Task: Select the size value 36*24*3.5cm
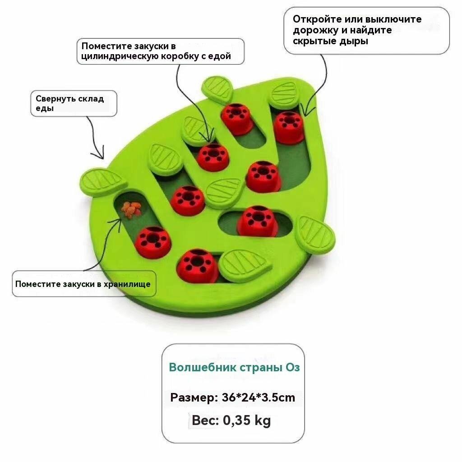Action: pyautogui.click(x=259, y=397)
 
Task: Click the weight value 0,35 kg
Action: pyautogui.click(x=247, y=420)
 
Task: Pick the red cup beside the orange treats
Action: pyautogui.click(x=153, y=241)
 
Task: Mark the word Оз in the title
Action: pyautogui.click(x=293, y=367)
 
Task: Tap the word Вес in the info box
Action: pyautogui.click(x=205, y=420)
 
